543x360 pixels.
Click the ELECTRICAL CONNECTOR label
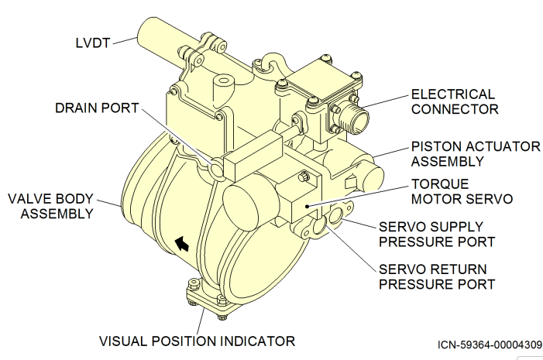tap(454, 101)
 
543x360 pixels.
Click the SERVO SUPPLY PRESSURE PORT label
tap(436, 234)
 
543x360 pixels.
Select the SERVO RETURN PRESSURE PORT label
tap(436, 276)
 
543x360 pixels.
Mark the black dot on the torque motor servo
tap(308, 206)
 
